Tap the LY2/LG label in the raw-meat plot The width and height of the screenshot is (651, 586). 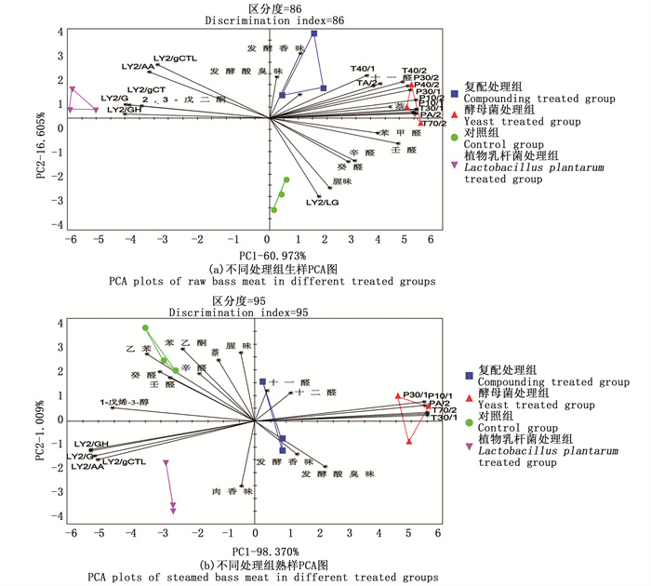click(323, 203)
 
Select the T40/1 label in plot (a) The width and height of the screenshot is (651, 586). click(363, 69)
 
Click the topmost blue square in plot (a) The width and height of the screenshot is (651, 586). click(314, 33)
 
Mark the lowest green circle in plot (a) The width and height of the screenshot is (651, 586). click(273, 210)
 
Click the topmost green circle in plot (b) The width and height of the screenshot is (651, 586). click(146, 328)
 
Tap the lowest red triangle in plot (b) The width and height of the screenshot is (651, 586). click(410, 441)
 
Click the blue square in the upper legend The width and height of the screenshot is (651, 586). click(453, 93)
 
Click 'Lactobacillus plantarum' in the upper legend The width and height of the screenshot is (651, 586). click(535, 168)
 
